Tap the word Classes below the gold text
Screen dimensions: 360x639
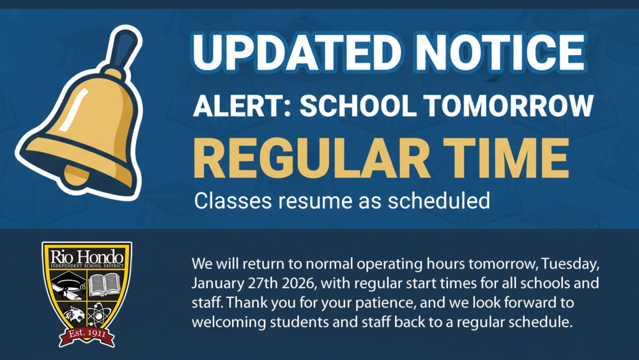pos(232,201)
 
